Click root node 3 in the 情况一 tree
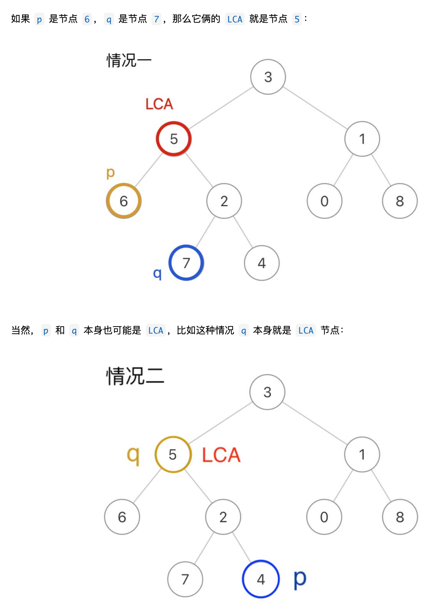[268, 77]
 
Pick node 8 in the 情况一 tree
[400, 201]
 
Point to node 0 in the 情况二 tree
[324, 517]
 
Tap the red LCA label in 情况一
[159, 104]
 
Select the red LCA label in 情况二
[221, 455]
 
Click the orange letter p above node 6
[110, 173]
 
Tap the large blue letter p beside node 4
[300, 579]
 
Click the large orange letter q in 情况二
[133, 456]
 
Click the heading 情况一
[129, 60]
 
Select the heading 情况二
[135, 376]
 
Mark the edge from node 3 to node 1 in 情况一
[315, 108]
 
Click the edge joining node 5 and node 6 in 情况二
[147, 486]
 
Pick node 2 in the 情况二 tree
[223, 517]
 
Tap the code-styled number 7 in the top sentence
[156, 19]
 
